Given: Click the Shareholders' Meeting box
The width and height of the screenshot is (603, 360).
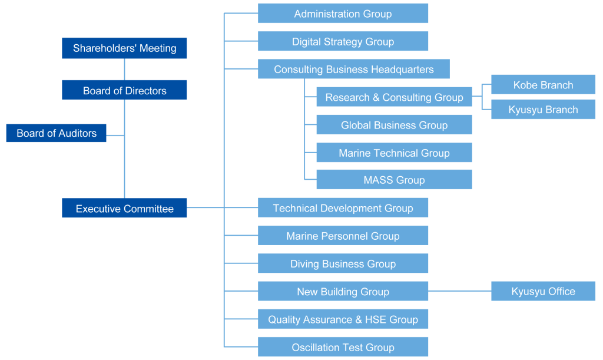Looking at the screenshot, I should (124, 48).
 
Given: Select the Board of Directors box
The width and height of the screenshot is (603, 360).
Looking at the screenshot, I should (124, 90).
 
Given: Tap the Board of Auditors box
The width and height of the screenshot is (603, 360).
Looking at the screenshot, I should (56, 133).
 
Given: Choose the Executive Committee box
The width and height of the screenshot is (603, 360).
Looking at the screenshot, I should (124, 209).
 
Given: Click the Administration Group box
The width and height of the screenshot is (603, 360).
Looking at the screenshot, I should (343, 14).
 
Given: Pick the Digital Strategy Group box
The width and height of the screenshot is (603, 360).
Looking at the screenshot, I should (343, 41).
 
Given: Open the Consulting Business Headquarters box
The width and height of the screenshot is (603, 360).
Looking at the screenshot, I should (353, 69).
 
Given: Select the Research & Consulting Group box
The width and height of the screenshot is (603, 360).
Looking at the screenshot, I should (394, 97).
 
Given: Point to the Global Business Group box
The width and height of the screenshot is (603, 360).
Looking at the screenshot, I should (394, 125).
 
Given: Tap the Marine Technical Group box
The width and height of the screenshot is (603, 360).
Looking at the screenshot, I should (394, 153).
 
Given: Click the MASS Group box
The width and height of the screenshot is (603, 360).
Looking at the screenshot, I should (394, 180).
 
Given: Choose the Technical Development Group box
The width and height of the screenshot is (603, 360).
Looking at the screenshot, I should (343, 208).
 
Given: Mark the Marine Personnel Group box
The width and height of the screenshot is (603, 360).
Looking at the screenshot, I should (343, 236).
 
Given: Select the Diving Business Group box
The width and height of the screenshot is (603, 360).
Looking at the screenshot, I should (343, 263).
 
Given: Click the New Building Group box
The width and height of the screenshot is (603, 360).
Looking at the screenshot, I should (343, 291).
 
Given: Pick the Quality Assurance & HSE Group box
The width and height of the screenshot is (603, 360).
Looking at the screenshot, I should (343, 319).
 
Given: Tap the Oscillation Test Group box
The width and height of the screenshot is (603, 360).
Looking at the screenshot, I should (343, 347).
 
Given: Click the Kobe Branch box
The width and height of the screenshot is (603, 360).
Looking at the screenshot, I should (543, 85).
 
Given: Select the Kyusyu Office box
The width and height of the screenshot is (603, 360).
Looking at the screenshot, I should (543, 291).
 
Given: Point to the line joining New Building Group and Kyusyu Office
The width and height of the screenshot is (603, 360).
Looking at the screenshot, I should (459, 291).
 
